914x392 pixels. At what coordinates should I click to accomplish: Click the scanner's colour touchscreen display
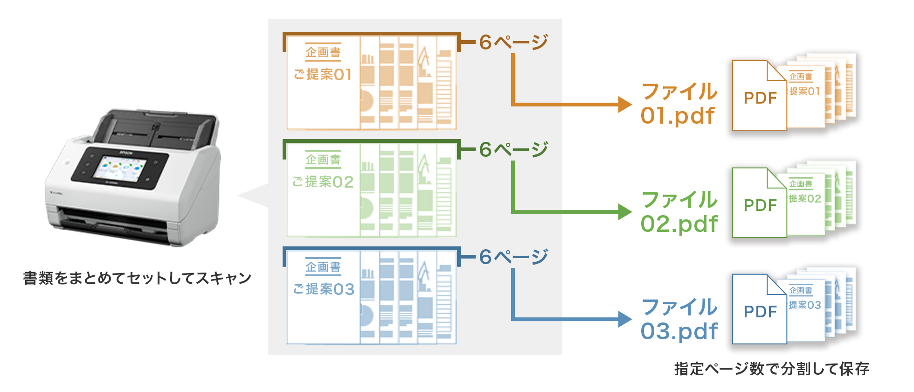point(120,168)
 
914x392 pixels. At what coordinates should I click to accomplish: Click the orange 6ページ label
point(513,42)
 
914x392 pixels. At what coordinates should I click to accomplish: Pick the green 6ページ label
point(513,150)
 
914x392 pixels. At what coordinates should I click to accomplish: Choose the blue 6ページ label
point(513,257)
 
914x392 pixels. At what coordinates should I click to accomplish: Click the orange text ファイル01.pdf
point(679,104)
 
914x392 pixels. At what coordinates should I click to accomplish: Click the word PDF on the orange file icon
point(760,98)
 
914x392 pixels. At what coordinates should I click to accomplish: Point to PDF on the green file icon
point(760,205)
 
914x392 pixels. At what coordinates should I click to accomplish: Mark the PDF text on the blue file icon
point(760,312)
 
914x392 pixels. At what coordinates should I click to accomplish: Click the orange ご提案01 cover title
point(323,74)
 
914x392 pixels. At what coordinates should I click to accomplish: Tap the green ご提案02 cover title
point(323,182)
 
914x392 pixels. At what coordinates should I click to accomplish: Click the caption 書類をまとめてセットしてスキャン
point(137,278)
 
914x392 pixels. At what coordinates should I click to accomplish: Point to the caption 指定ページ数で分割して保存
point(771,369)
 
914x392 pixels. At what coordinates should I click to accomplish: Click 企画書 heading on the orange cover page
point(323,52)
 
